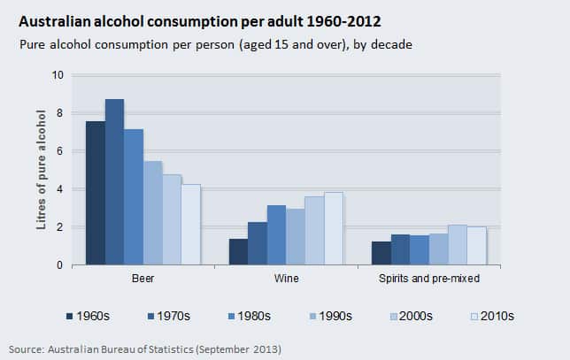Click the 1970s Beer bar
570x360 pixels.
pos(114,182)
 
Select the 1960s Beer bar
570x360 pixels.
pos(95,193)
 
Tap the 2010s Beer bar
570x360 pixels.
pos(191,225)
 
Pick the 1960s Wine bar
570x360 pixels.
pos(238,252)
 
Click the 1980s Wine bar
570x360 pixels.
pos(276,235)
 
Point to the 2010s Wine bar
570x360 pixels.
pos(333,229)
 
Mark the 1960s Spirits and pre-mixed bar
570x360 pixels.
pos(381,253)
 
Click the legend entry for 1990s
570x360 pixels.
pos(329,315)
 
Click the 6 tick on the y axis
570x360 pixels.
pos(59,151)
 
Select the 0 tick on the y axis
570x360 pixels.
pos(59,265)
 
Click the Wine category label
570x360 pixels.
pos(285,280)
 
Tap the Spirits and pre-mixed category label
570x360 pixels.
pos(428,280)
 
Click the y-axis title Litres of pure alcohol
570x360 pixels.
pos(41,170)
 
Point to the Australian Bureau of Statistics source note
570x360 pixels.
pos(145,348)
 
